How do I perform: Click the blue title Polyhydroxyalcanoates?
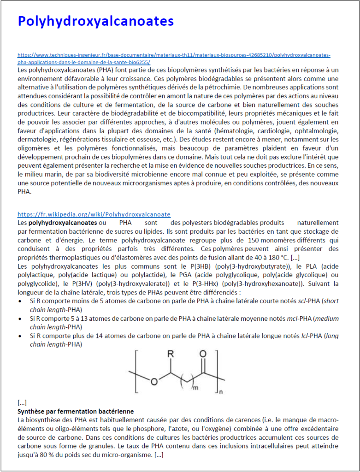[x=95, y=21]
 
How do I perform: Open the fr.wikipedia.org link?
[x=94, y=214]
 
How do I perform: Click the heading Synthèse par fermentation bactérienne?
[x=76, y=411]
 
